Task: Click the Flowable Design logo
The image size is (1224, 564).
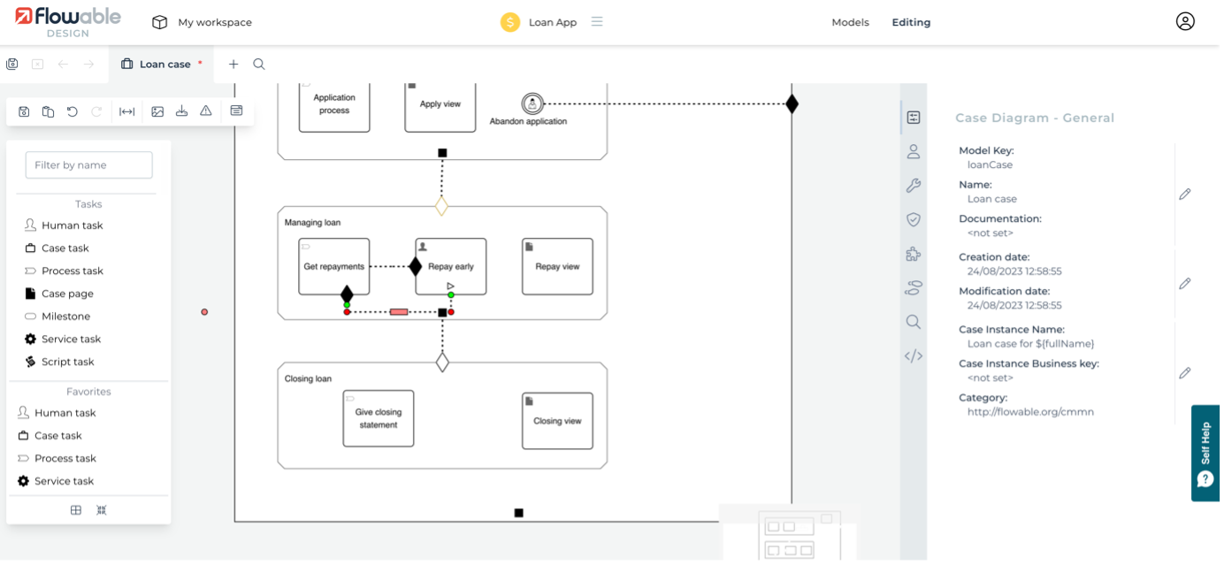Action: tap(67, 22)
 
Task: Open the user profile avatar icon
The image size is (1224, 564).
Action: tap(1185, 22)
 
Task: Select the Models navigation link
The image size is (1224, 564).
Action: tap(850, 22)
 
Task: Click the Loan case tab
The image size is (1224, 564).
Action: tap(164, 64)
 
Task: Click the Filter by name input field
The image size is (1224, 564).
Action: tap(88, 164)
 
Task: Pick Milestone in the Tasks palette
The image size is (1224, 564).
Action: tap(65, 316)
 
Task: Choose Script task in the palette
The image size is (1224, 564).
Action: tap(67, 362)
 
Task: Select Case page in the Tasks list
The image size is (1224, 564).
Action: tap(67, 293)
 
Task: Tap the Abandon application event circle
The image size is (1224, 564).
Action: tap(532, 103)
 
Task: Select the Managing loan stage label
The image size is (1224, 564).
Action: tap(312, 223)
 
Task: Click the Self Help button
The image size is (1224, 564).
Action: tap(1205, 453)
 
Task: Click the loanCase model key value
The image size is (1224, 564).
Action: tap(990, 164)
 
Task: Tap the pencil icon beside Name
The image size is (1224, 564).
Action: tap(1185, 194)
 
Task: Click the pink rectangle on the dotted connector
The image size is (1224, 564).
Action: tap(399, 312)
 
